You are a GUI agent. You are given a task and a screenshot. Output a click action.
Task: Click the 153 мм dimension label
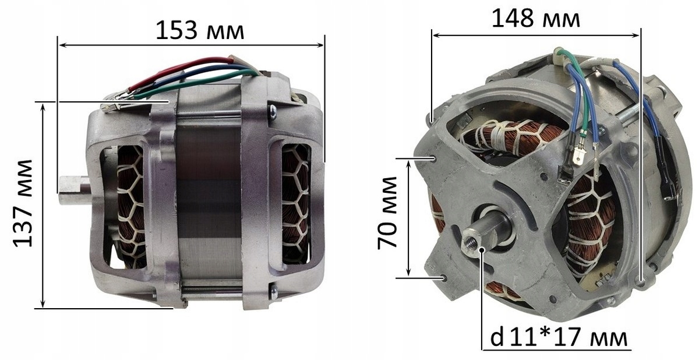(200, 30)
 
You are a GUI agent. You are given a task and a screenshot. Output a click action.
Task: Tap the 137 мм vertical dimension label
(23, 203)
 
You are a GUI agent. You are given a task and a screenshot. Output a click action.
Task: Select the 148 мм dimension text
(536, 19)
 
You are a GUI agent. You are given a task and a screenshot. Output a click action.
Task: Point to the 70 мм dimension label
(387, 213)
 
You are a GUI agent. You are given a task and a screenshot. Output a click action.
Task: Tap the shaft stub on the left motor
(75, 190)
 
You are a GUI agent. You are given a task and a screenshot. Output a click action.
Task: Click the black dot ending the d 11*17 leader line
(482, 249)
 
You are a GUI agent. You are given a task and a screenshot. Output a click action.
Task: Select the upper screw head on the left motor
(273, 112)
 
